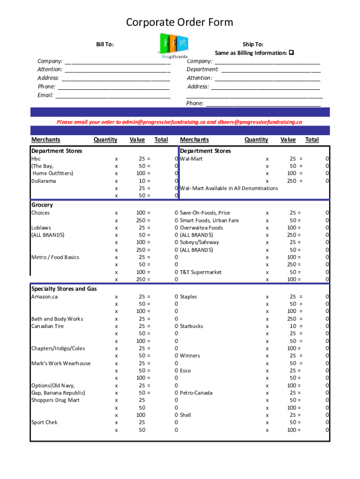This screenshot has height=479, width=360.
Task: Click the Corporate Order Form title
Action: (x=180, y=22)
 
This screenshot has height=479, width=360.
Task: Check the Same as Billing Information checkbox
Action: (x=291, y=53)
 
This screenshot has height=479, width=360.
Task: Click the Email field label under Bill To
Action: (x=45, y=95)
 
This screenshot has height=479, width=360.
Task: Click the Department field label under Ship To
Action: (x=203, y=69)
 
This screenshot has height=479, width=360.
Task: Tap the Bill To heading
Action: (x=105, y=44)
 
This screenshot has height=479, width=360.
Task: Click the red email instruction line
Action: (x=180, y=122)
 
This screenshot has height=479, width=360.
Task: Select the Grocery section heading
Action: (x=42, y=205)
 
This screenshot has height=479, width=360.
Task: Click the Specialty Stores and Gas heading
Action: (x=64, y=289)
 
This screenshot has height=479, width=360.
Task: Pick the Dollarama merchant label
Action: (x=43, y=181)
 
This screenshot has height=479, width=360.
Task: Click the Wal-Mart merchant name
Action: (x=191, y=159)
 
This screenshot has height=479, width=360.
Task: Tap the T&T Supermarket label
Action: (x=201, y=272)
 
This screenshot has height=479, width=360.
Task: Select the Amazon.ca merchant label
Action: (x=44, y=297)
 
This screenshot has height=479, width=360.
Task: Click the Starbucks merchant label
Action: (x=191, y=326)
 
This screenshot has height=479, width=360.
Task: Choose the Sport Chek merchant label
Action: (x=44, y=422)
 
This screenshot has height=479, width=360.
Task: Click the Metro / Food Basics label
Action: (x=55, y=257)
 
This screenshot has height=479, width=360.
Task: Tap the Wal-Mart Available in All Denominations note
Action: (x=229, y=188)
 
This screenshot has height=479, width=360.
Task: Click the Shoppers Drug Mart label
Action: (x=55, y=400)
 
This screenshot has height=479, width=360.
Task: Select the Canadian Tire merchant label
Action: (x=47, y=326)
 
